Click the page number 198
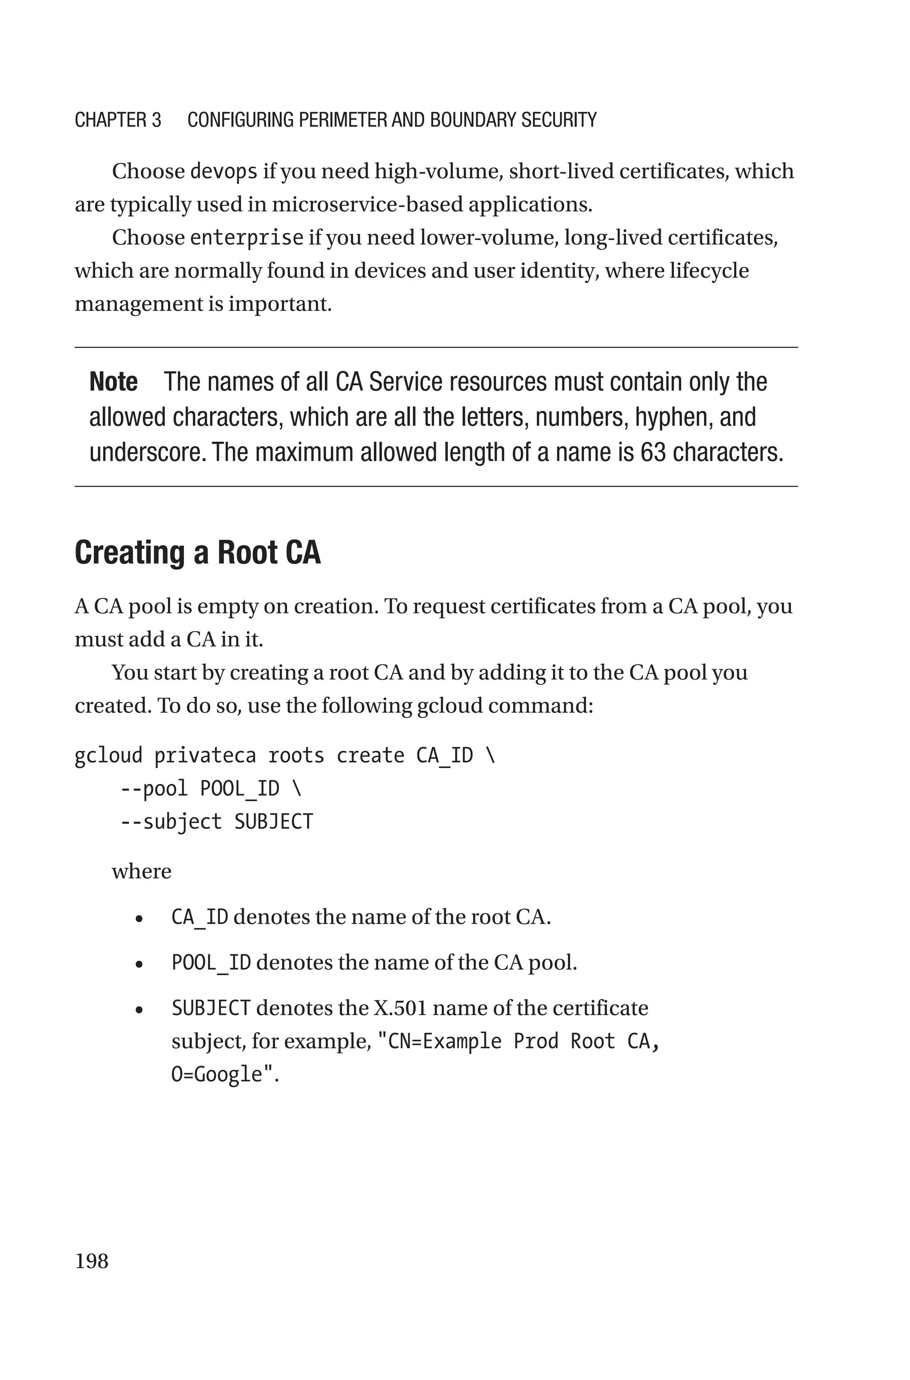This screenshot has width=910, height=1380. pyautogui.click(x=91, y=1261)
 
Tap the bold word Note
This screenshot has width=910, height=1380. pyautogui.click(x=113, y=382)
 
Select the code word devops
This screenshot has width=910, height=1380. pyautogui.click(x=224, y=172)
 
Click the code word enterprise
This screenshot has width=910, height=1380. pyautogui.click(x=247, y=238)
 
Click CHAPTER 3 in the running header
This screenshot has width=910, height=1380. pyautogui.click(x=118, y=120)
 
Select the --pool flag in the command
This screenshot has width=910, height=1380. pyautogui.click(x=154, y=788)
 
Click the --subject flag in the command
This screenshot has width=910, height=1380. pyautogui.click(x=171, y=822)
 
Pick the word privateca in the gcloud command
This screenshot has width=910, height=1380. pyautogui.click(x=205, y=756)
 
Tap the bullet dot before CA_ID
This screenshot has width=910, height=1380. pyautogui.click(x=139, y=919)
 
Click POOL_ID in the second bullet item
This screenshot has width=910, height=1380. pyautogui.click(x=211, y=963)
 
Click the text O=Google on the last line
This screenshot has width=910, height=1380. pyautogui.click(x=217, y=1074)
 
